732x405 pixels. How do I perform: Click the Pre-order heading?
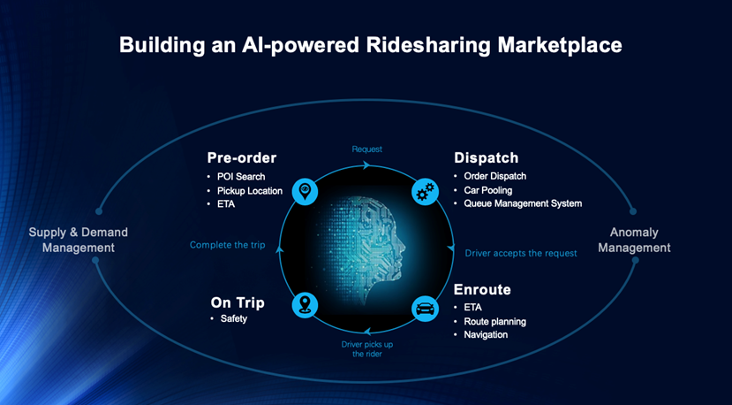click(x=241, y=158)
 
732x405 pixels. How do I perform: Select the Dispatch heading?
click(x=486, y=158)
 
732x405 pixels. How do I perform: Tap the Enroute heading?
click(x=482, y=289)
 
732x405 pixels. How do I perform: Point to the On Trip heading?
click(x=238, y=303)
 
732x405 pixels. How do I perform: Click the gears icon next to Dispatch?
click(x=426, y=191)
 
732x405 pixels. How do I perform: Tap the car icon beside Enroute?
click(x=426, y=309)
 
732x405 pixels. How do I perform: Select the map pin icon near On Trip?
click(x=305, y=305)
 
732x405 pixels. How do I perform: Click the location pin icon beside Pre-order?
click(x=305, y=191)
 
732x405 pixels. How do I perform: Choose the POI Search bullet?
click(x=241, y=177)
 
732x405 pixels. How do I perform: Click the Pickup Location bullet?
click(x=250, y=191)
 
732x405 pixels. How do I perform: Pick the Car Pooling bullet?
click(x=487, y=190)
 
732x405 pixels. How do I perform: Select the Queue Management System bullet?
click(x=523, y=204)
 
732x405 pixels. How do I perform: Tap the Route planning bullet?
click(x=494, y=322)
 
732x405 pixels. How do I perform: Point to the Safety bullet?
click(x=234, y=318)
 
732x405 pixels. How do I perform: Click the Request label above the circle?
click(x=367, y=149)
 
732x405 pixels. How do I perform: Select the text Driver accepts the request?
click(x=521, y=254)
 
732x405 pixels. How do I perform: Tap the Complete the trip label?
click(x=227, y=245)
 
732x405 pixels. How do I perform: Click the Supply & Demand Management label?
click(x=79, y=240)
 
